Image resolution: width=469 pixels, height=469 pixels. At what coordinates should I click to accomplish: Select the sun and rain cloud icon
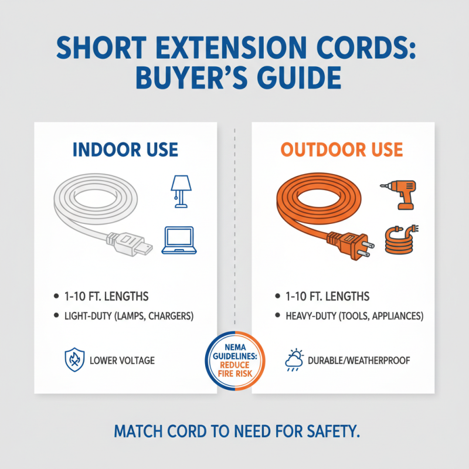(x=293, y=360)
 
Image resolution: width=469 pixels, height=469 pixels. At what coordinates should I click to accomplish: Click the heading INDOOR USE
(x=125, y=149)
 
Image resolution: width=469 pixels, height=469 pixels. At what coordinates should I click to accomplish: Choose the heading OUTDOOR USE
(x=342, y=149)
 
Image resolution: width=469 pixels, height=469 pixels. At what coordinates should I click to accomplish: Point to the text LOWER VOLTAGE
(x=123, y=360)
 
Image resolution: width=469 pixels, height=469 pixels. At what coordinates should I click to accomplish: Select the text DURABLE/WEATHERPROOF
(x=359, y=360)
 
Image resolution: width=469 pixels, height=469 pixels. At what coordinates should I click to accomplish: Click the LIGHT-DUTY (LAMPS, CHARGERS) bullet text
(x=128, y=316)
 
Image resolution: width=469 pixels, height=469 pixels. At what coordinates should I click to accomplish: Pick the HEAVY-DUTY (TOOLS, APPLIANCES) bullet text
(x=354, y=316)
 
